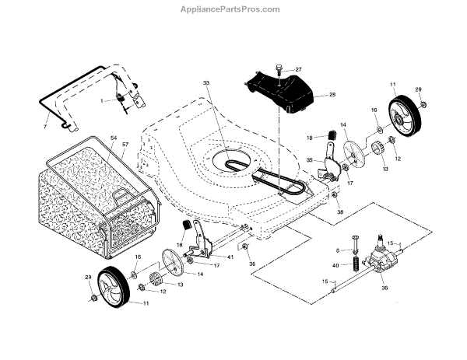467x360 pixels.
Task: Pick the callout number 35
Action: point(309,160)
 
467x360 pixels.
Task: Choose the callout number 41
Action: point(231,257)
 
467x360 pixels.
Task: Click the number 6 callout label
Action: point(339,250)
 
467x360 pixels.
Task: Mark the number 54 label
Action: point(114,138)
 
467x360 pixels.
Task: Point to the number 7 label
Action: point(45,126)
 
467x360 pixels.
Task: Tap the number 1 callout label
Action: point(101,102)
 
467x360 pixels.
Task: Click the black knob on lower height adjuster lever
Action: point(188,225)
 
